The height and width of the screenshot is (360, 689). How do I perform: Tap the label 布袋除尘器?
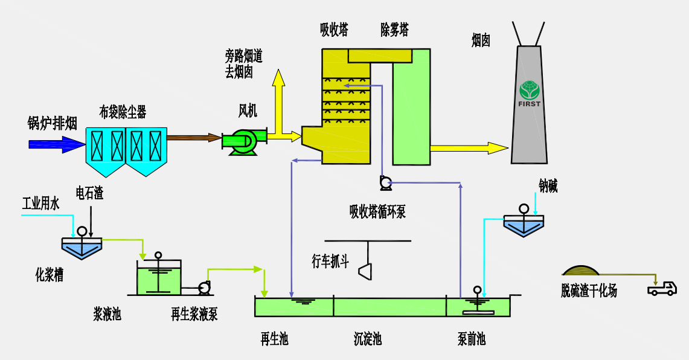(x=123, y=112)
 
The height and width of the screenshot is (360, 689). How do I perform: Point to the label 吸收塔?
(x=334, y=30)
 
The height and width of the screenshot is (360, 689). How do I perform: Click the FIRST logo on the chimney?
(x=530, y=93)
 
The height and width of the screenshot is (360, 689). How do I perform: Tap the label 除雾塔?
(x=394, y=30)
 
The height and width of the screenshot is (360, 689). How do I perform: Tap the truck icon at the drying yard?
(x=662, y=289)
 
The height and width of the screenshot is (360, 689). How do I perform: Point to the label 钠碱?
(x=548, y=186)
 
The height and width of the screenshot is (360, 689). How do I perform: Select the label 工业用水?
(x=40, y=204)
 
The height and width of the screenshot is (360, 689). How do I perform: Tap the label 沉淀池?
(x=368, y=339)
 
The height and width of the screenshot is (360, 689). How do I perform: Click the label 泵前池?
(x=471, y=339)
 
